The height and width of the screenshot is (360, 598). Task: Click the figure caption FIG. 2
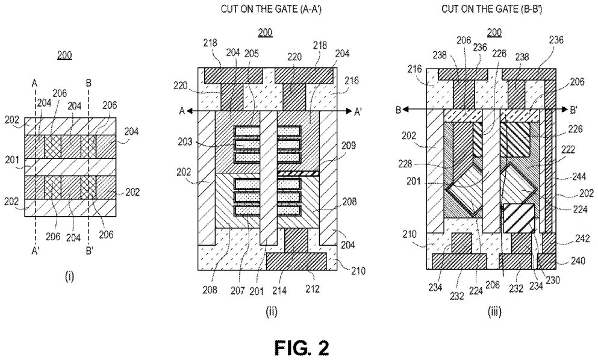299,347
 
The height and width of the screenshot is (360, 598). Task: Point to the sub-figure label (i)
69,278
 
